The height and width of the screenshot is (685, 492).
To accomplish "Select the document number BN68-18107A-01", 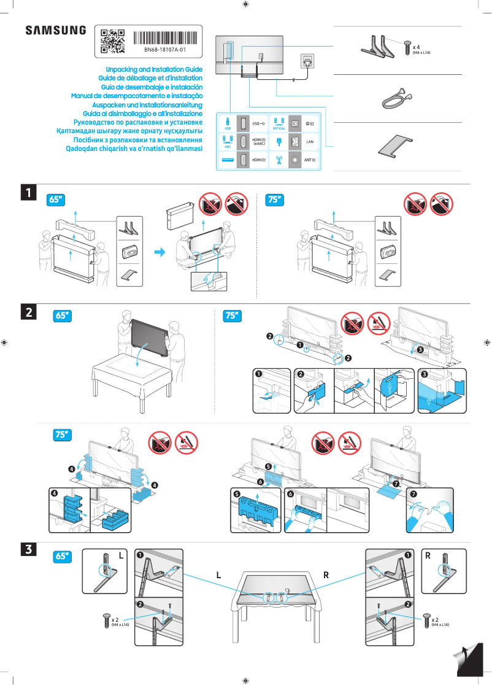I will [x=165, y=49].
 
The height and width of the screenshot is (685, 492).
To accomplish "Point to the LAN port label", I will [x=310, y=141].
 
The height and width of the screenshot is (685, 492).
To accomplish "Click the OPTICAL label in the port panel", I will [x=280, y=128].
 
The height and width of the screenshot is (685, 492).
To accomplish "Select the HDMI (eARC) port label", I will [x=259, y=141].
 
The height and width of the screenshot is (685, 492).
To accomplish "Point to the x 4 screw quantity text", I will [x=417, y=47].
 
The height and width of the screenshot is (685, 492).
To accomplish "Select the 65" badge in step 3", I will [x=63, y=557].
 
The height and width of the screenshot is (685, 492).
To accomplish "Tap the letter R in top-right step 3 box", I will [x=428, y=555].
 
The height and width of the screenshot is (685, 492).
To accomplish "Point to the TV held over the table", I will [x=148, y=338].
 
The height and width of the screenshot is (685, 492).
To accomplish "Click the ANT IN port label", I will [x=310, y=160].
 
